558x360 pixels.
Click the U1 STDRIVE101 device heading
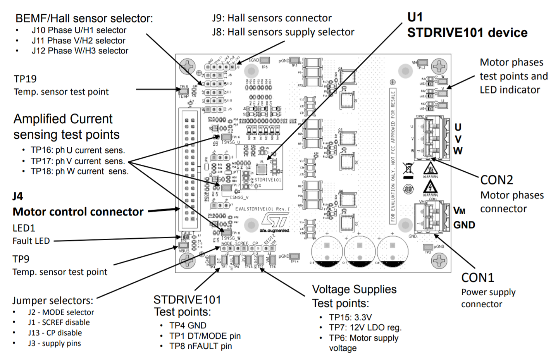[467, 25]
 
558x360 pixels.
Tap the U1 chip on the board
[262, 169]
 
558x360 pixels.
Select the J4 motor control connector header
[189, 169]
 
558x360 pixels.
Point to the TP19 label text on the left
[25, 79]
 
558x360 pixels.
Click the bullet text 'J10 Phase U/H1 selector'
[79, 30]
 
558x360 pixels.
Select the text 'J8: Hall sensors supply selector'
[283, 32]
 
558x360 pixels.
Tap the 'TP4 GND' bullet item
[188, 326]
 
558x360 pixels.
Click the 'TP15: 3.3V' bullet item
[350, 317]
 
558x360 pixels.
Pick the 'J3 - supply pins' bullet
[54, 343]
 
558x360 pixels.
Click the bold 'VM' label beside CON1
[459, 211]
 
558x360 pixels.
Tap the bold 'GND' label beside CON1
[464, 225]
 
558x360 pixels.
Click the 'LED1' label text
[24, 228]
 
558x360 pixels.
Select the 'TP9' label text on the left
[21, 259]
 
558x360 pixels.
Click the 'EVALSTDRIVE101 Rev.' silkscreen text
[262, 209]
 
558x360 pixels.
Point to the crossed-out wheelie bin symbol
[408, 169]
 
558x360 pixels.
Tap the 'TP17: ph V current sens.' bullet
[77, 161]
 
